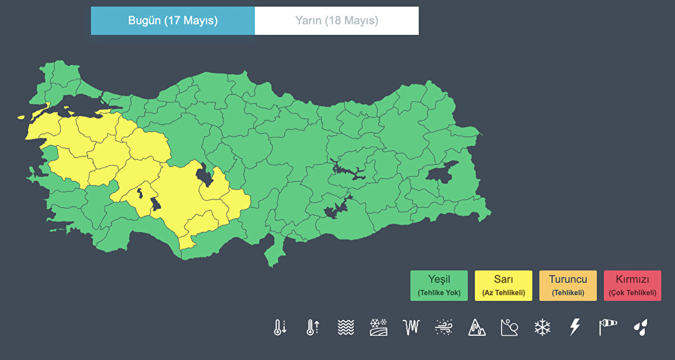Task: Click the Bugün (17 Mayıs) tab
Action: pyautogui.click(x=173, y=21)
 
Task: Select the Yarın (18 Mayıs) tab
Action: pyautogui.click(x=336, y=21)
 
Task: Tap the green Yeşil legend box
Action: pyautogui.click(x=439, y=285)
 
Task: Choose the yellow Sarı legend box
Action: pyautogui.click(x=503, y=285)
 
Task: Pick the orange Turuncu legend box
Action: pyautogui.click(x=568, y=285)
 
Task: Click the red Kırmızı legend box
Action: pyautogui.click(x=632, y=285)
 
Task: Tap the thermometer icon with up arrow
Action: pyautogui.click(x=312, y=327)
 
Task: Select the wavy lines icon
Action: pyautogui.click(x=346, y=327)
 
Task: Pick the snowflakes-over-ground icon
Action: pyautogui.click(x=379, y=327)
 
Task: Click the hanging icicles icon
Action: pyautogui.click(x=412, y=327)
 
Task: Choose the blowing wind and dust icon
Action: pyautogui.click(x=444, y=327)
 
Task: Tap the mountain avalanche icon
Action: pyautogui.click(x=476, y=327)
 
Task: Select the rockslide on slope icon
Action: pyautogui.click(x=509, y=327)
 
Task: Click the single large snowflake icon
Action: pyautogui.click(x=542, y=327)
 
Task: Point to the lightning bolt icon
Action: pyautogui.click(x=575, y=327)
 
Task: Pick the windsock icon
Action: pyautogui.click(x=607, y=327)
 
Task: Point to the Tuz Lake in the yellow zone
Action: pyautogui.click(x=203, y=174)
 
